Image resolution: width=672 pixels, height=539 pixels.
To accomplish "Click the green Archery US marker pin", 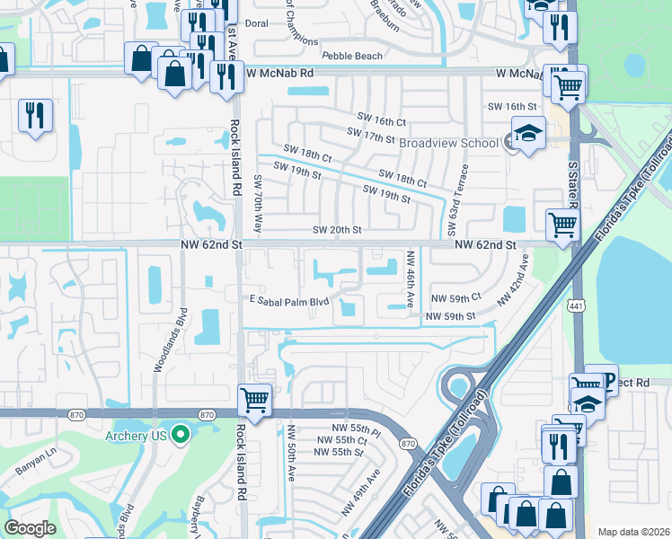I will (x=180, y=436).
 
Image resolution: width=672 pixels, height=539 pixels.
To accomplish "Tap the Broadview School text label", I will (x=448, y=143).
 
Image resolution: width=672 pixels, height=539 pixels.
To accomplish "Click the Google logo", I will (x=30, y=528).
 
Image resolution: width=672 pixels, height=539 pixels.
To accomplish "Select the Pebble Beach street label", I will (x=351, y=56).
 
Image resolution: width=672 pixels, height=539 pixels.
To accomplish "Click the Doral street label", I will (x=255, y=25).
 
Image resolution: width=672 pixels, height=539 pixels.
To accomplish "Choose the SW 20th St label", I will (x=336, y=230).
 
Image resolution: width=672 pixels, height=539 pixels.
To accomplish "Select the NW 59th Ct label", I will (x=455, y=297).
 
